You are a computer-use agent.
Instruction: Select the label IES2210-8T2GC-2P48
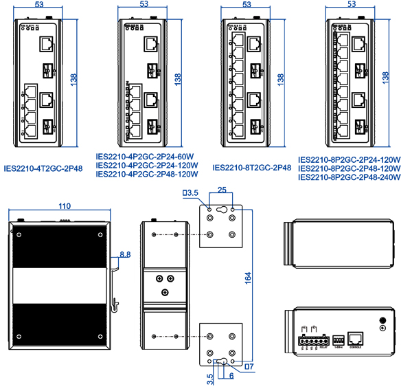click(x=252, y=167)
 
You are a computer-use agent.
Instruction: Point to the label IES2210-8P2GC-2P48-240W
click(x=350, y=178)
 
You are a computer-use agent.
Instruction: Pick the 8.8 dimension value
click(x=125, y=254)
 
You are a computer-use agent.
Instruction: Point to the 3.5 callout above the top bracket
click(x=191, y=192)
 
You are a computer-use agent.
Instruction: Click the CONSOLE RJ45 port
click(x=357, y=337)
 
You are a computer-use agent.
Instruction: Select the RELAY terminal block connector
click(x=311, y=340)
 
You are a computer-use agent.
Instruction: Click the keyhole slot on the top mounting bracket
click(x=221, y=210)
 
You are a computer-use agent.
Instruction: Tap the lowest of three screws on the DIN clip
click(x=165, y=293)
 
